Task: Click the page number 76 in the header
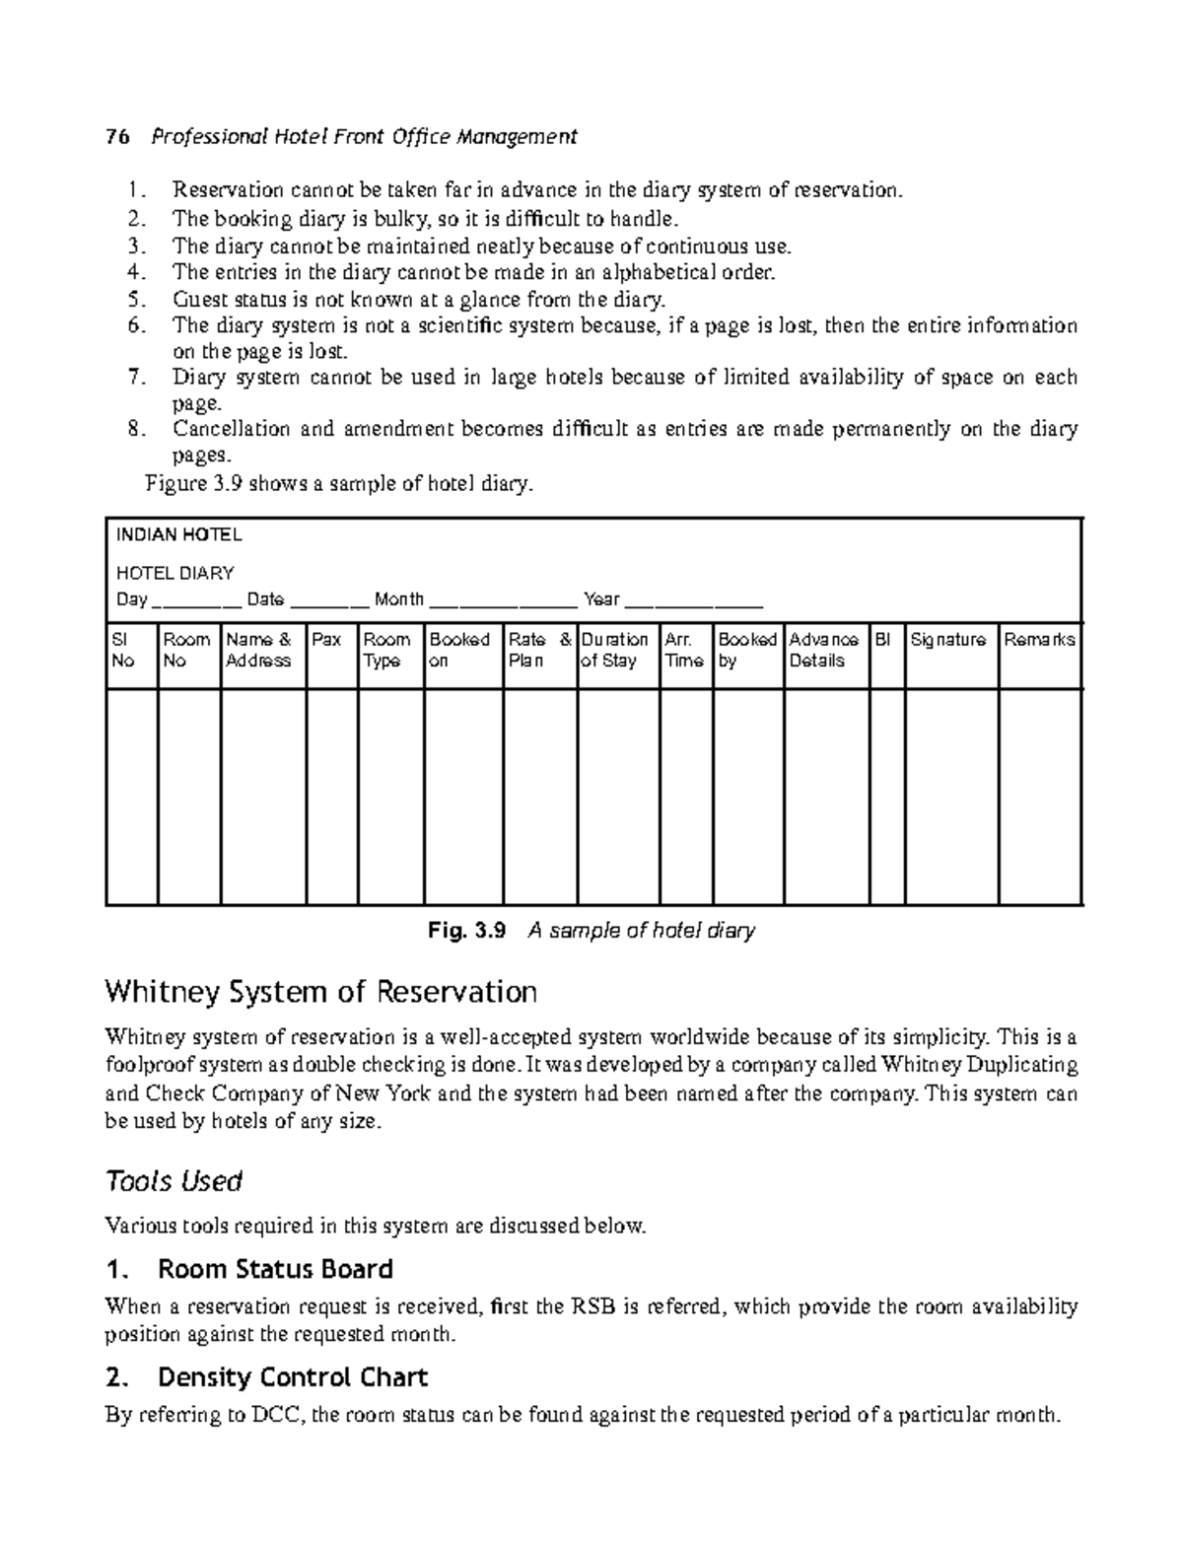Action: [x=117, y=137]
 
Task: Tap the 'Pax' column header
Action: [x=326, y=640]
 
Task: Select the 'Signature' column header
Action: [x=947, y=640]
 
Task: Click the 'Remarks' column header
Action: [x=1039, y=640]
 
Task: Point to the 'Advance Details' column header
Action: [x=824, y=651]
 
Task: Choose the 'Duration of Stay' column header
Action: [x=615, y=651]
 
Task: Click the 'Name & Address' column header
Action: [x=259, y=651]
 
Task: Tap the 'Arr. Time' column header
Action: [x=683, y=651]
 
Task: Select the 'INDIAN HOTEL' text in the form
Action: [x=178, y=535]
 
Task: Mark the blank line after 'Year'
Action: [x=694, y=601]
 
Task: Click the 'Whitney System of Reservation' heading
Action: [x=320, y=991]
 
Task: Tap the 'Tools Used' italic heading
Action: [x=174, y=1181]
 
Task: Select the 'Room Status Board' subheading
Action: [x=275, y=1269]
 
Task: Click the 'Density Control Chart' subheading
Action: [x=292, y=1376]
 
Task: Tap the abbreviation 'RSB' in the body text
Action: [x=592, y=1307]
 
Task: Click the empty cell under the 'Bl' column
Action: [x=886, y=796]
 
